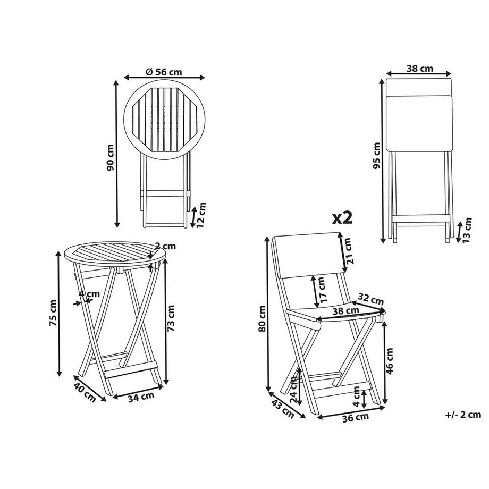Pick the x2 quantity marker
click(342, 217)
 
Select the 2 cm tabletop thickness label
click(166, 246)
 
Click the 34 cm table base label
click(141, 395)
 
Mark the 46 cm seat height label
click(391, 361)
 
